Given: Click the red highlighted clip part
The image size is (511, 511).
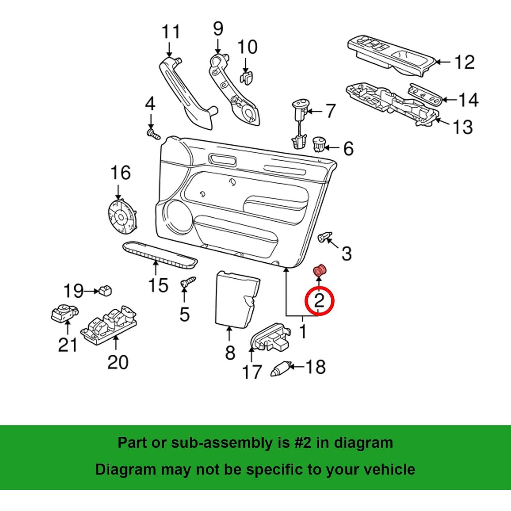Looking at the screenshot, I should [x=320, y=270].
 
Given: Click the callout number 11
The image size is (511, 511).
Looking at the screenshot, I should [x=170, y=32].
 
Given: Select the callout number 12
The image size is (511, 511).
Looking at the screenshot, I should [x=464, y=62].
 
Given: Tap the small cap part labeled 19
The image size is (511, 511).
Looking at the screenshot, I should [x=105, y=291].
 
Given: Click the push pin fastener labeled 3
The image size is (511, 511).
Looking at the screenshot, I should [x=324, y=237].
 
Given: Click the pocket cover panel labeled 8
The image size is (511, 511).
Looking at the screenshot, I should [x=236, y=297].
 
